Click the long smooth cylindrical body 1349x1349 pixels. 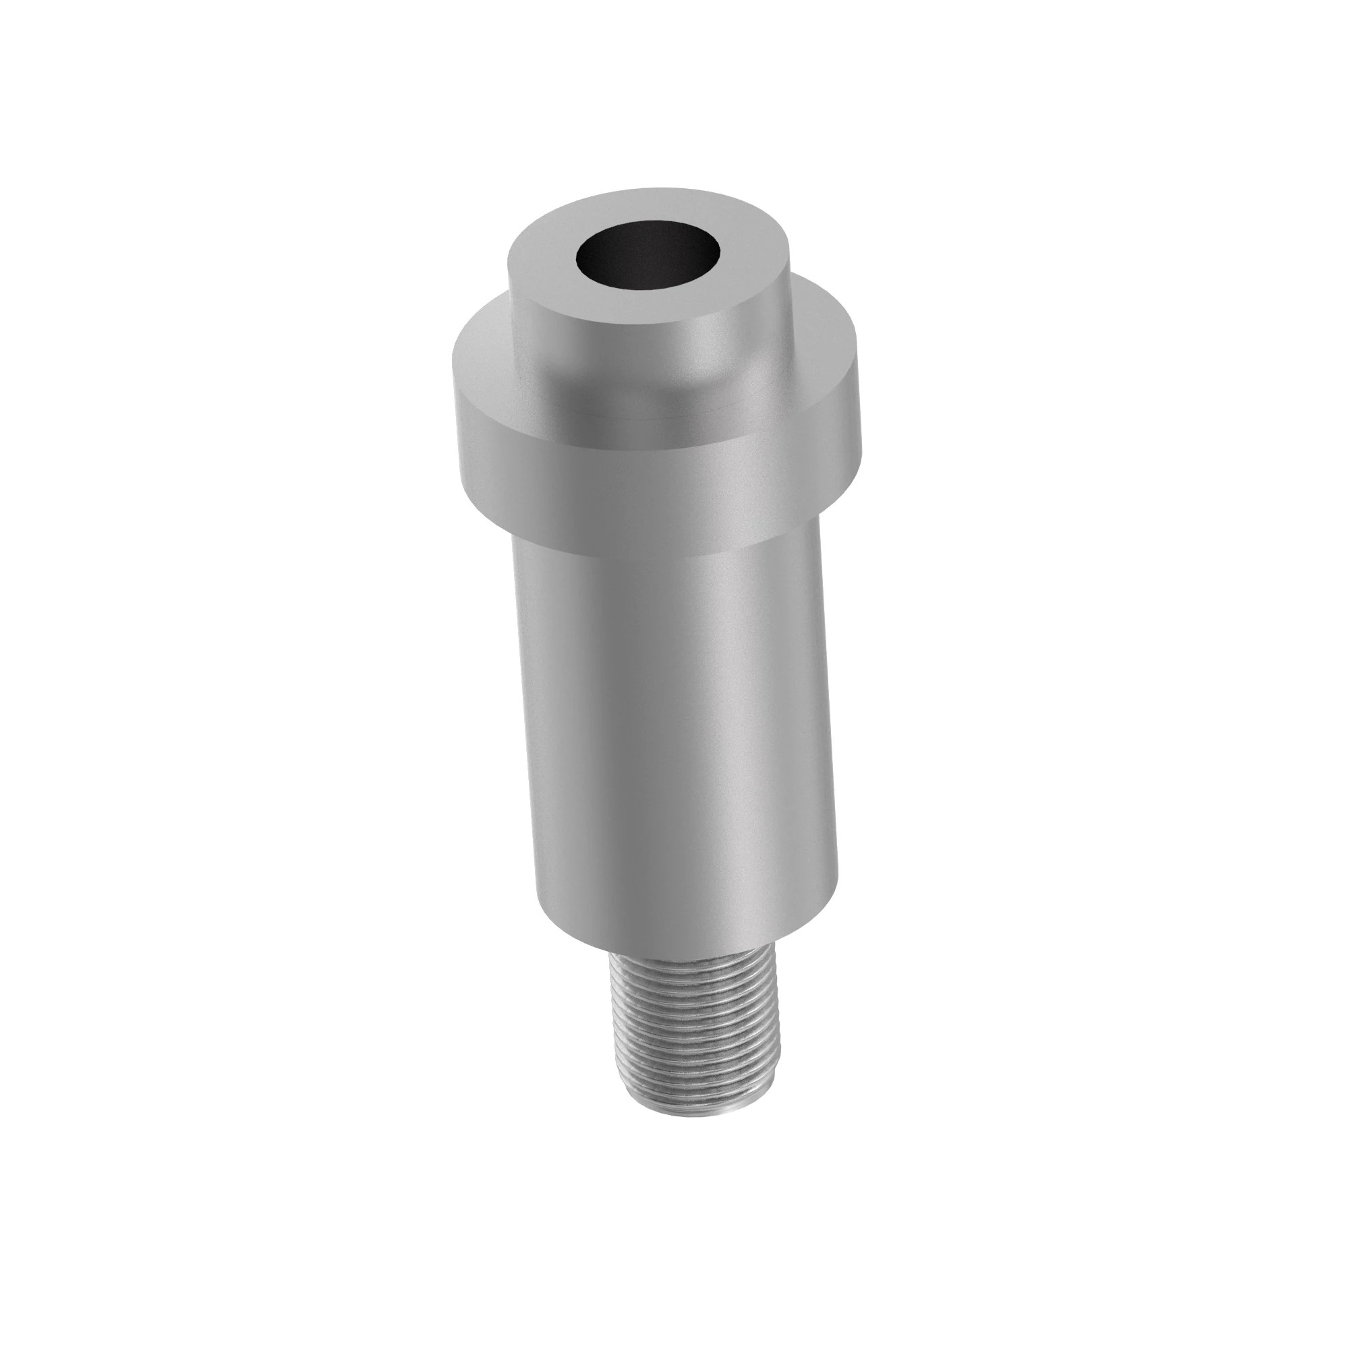670,733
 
